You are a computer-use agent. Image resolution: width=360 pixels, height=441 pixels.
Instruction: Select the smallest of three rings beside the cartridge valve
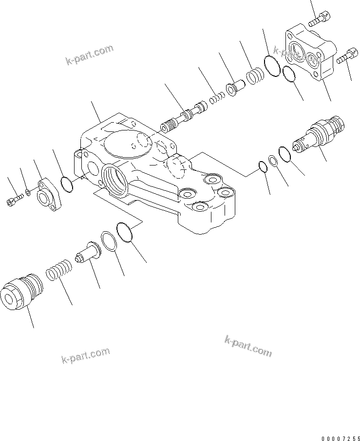coord(263,167)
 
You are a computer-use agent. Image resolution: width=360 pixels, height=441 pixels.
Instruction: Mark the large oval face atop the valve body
coord(128,143)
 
